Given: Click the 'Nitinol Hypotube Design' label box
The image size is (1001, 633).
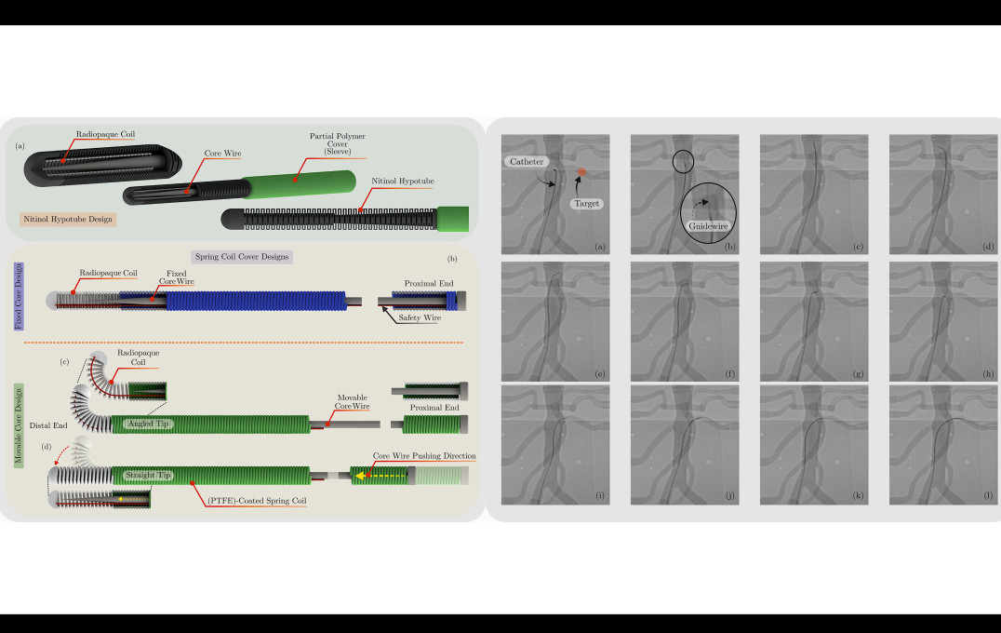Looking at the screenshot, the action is (68, 219).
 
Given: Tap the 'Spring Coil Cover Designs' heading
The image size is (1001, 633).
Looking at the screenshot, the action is (242, 257).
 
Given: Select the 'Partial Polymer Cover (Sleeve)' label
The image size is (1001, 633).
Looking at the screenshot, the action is (337, 143).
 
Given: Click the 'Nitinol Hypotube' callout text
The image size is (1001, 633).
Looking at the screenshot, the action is (403, 182).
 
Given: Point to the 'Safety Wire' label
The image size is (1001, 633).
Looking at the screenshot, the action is (420, 317).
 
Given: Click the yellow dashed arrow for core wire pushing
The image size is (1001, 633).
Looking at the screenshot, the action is (380, 476).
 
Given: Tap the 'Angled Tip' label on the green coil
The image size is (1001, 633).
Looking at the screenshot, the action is (149, 424).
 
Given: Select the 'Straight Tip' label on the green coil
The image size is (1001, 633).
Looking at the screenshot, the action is (148, 476).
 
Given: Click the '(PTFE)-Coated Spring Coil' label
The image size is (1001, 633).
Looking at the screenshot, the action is (257, 501).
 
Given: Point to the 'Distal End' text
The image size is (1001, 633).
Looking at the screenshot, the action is (48, 425).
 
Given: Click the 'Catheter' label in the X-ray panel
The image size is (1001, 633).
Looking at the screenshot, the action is (527, 162).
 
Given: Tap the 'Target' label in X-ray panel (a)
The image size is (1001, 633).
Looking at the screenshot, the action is (587, 204).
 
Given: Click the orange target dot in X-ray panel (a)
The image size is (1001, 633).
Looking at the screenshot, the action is (581, 172).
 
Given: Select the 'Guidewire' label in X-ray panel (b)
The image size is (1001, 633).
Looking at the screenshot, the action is (708, 226).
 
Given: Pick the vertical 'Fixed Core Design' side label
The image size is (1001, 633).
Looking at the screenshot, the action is (19, 296).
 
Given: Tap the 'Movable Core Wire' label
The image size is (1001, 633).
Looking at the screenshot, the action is (352, 402).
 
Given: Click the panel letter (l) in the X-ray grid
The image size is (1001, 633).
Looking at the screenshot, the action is (988, 495).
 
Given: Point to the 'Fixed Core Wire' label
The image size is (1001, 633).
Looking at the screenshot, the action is (176, 277).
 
